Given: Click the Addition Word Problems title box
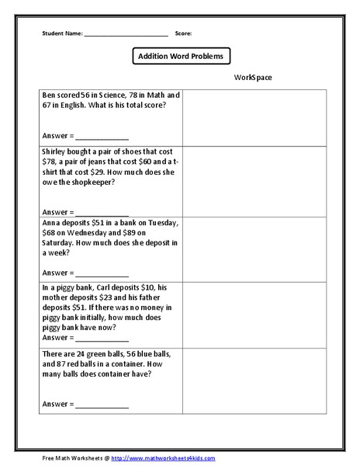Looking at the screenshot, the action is (x=180, y=57).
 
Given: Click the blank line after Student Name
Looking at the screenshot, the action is (x=126, y=35).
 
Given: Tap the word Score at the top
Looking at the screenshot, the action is (x=184, y=34).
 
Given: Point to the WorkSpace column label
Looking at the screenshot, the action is (x=252, y=78).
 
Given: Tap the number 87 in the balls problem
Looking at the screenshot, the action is (x=61, y=363).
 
